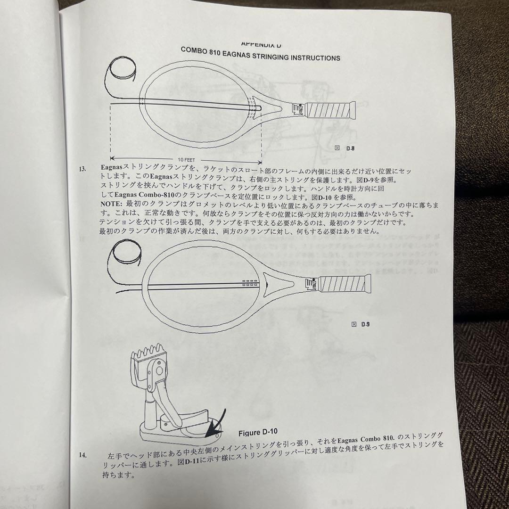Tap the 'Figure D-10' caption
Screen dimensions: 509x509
(258, 432)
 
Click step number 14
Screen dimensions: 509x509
(83, 455)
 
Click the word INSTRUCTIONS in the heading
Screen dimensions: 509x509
(315, 57)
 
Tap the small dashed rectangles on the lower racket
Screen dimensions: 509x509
(250, 283)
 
